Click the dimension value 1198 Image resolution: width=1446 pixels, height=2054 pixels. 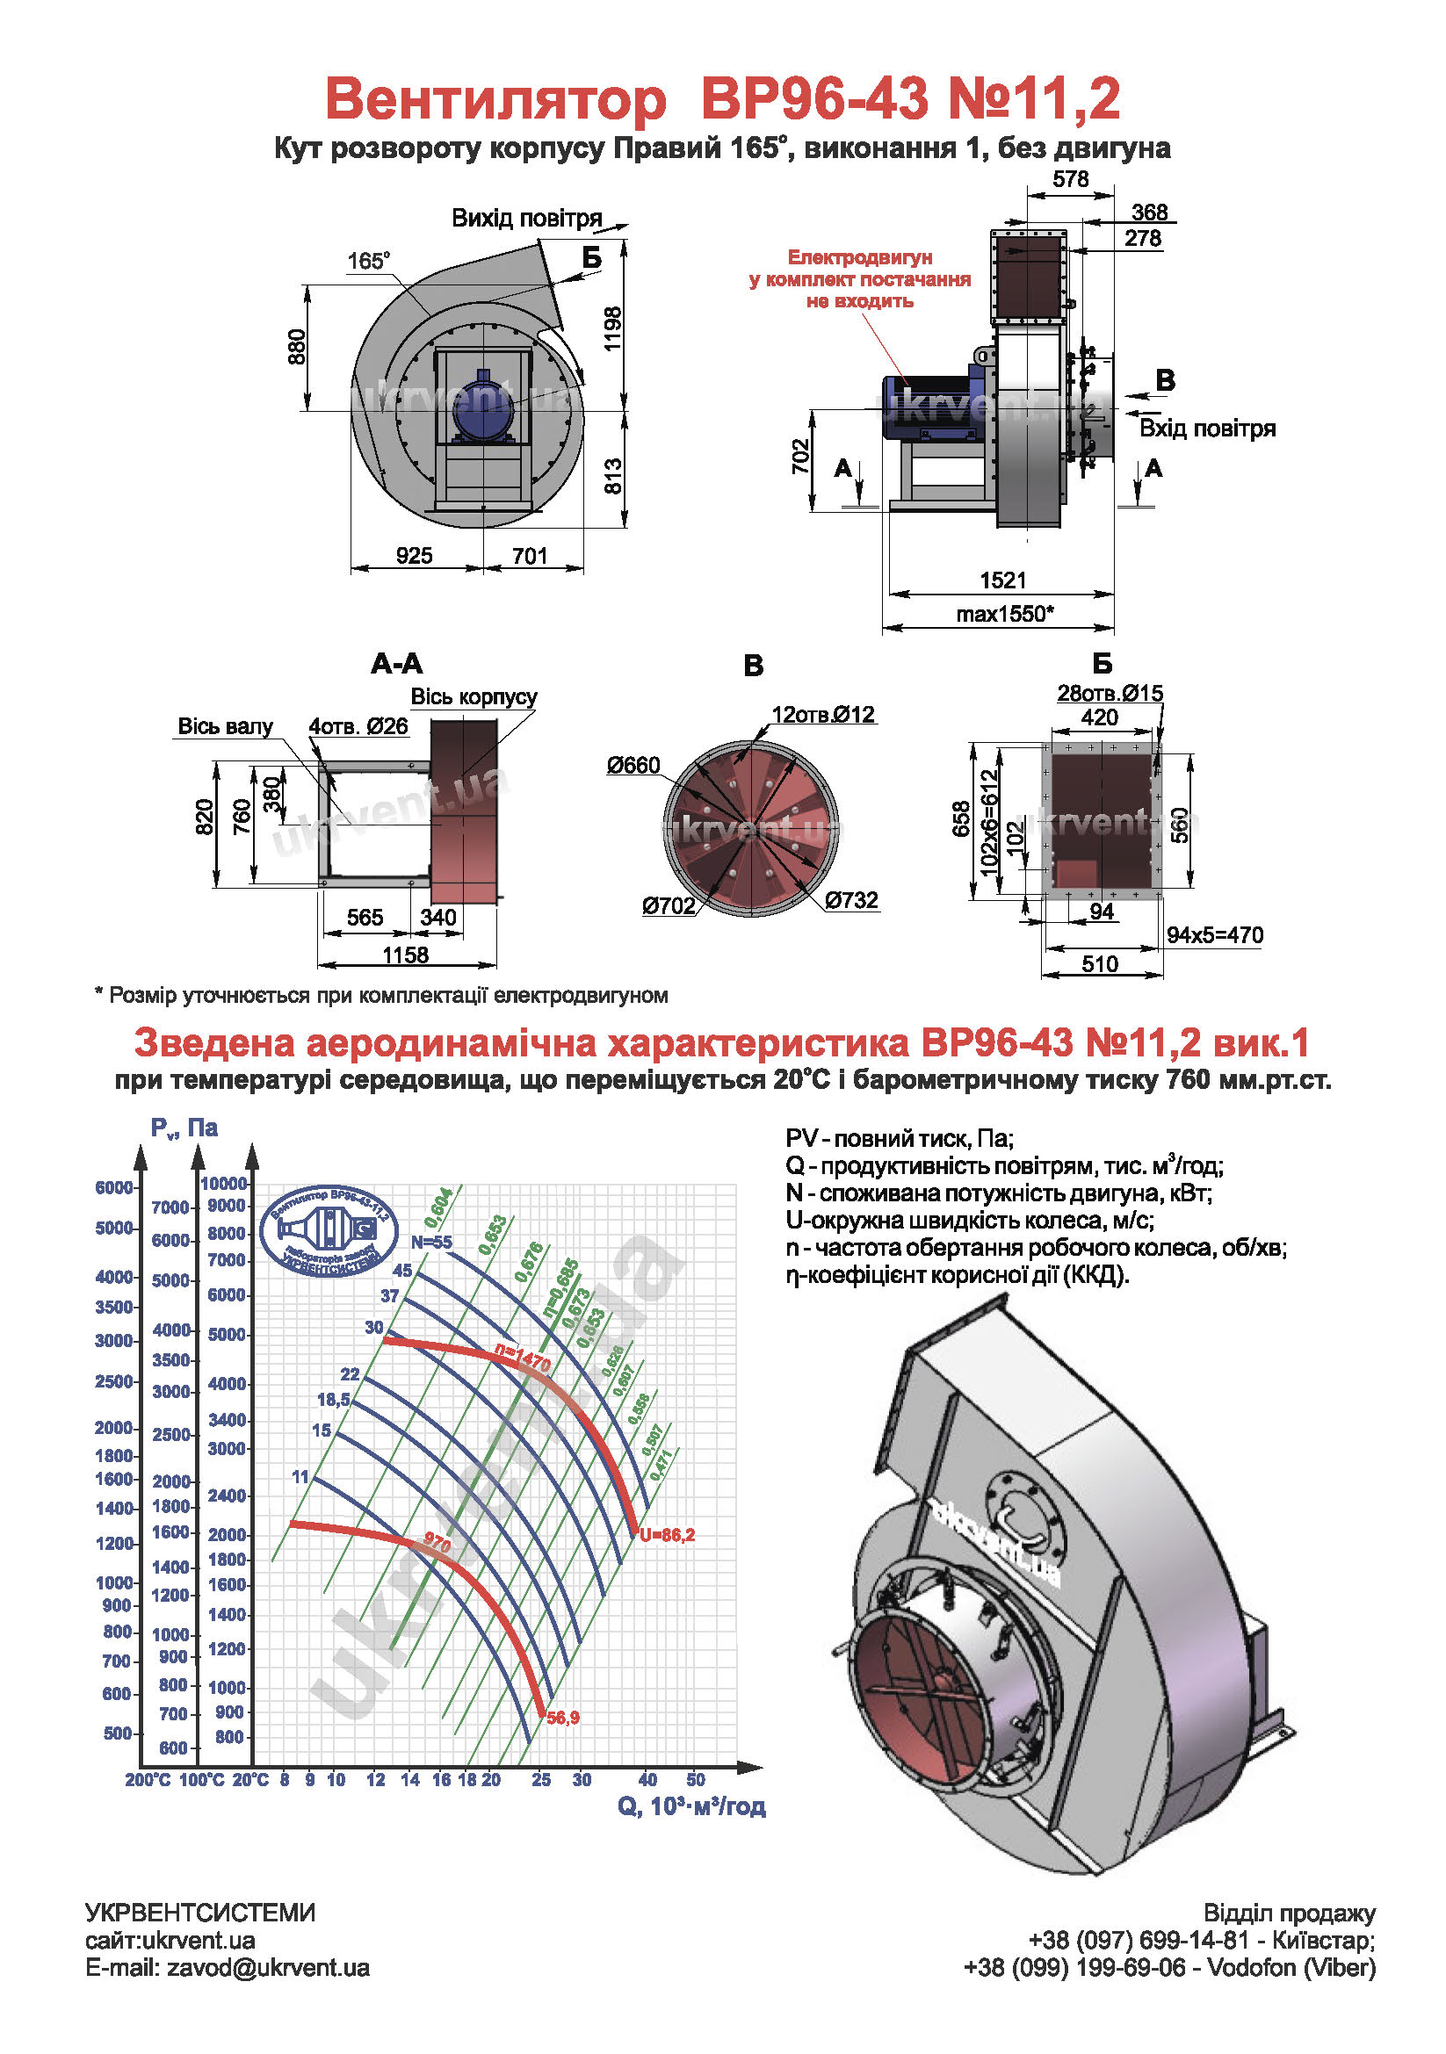pyautogui.click(x=612, y=329)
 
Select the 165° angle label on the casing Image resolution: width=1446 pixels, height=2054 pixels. pyautogui.click(x=368, y=261)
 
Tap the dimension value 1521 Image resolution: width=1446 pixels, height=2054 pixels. pyautogui.click(x=1002, y=580)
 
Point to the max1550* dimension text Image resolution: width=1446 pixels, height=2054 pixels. pyautogui.click(x=1004, y=615)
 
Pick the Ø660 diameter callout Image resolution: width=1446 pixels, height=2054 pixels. pyautogui.click(x=633, y=765)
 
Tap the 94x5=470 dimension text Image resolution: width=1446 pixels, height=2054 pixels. pyautogui.click(x=1214, y=936)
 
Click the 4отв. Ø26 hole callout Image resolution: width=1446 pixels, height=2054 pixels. pyautogui.click(x=358, y=726)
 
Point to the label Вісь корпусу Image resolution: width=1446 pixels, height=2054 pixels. pyautogui.click(x=474, y=697)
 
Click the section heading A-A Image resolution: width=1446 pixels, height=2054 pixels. pyautogui.click(x=396, y=664)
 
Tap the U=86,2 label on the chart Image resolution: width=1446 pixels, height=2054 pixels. pyautogui.click(x=668, y=1535)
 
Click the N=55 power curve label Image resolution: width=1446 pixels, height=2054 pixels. pyautogui.click(x=431, y=1243)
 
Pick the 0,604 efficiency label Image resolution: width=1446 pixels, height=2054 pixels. pyautogui.click(x=438, y=1207)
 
